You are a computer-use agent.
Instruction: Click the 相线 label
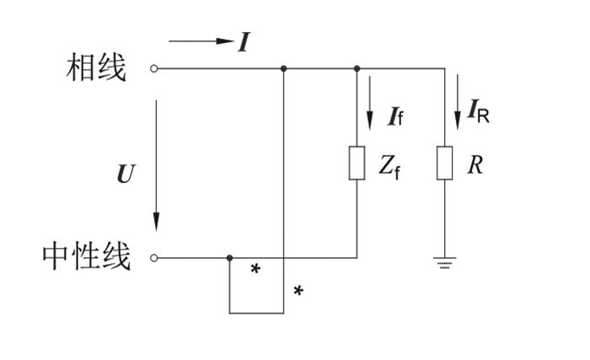96,67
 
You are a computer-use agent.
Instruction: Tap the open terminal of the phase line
154,68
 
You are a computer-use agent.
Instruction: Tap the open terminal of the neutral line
154,258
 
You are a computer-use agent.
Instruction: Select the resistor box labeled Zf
357,163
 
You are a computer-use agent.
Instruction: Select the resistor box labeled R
445,163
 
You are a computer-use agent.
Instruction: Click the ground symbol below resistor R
445,263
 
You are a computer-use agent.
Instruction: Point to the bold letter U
126,174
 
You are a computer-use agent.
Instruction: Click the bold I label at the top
244,42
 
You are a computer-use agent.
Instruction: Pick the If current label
396,116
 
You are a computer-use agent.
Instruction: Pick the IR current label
478,111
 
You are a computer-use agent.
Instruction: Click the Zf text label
389,167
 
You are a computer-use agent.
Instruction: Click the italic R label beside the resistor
475,164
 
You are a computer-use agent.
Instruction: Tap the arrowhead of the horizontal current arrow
225,41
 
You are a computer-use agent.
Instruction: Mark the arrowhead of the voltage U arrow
156,222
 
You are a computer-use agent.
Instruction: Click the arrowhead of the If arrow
370,121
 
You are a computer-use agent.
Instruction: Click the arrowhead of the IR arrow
458,121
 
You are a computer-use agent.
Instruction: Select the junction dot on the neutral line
229,258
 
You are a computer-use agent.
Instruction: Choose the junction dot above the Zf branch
357,68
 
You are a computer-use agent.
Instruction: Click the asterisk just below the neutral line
255,269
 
